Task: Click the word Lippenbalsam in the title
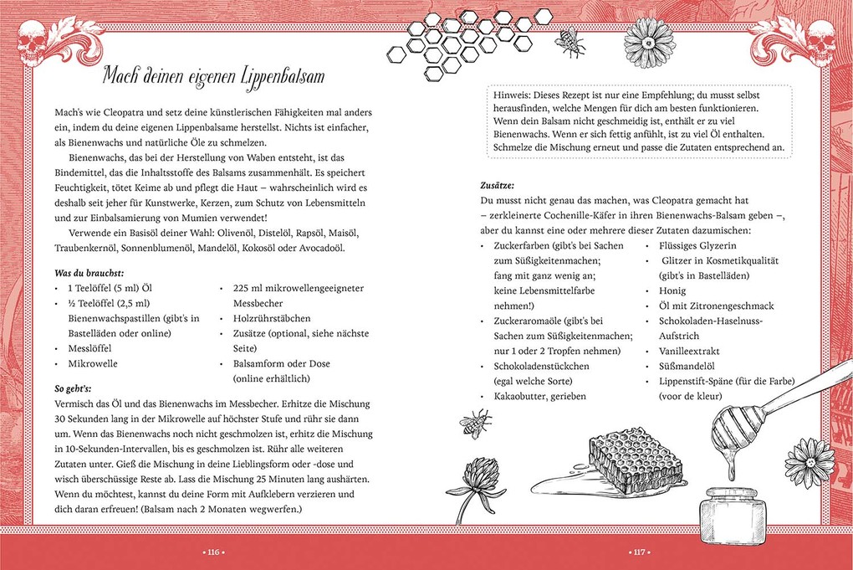270,78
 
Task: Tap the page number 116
213,552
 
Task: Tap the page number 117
639,552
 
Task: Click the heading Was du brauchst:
89,273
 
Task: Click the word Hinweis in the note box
517,95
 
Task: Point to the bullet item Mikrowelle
92,364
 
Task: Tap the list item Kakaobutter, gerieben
539,395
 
